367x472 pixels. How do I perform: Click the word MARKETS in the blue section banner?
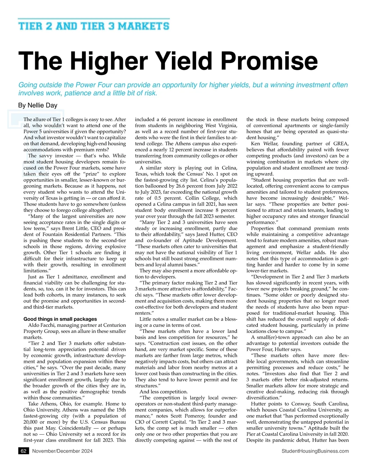144,26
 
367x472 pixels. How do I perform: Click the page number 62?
23,451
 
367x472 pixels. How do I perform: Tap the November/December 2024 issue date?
62,451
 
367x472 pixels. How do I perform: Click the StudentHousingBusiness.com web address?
315,451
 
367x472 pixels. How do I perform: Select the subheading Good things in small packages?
60,319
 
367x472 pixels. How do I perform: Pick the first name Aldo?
34,325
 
